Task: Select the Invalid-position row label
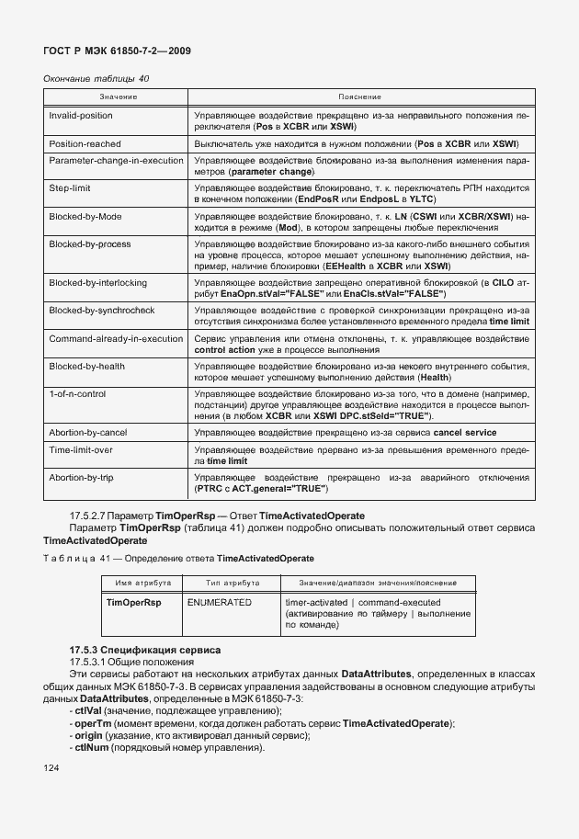pyautogui.click(x=81, y=116)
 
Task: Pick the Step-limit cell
pyautogui.click(x=69, y=187)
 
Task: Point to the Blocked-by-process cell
pyautogui.click(x=89, y=244)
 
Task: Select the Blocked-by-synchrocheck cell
pyautogui.click(x=101, y=311)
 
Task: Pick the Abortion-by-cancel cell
pyautogui.click(x=87, y=432)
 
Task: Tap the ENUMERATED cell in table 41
pyautogui.click(x=219, y=602)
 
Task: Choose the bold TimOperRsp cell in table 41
pyautogui.click(x=133, y=602)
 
